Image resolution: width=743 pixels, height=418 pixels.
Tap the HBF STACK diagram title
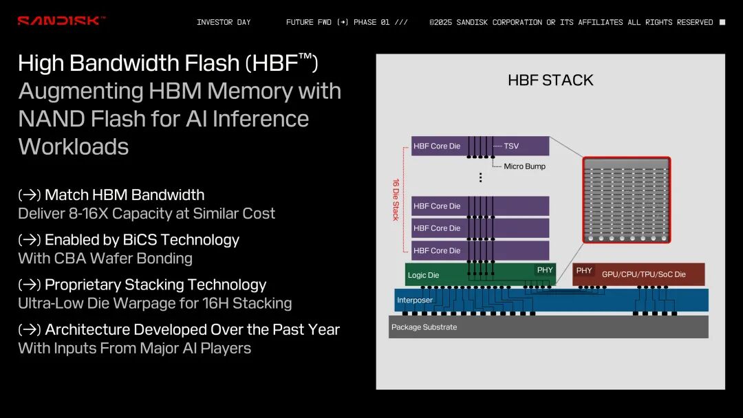[550, 80]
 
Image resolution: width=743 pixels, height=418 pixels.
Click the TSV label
[511, 146]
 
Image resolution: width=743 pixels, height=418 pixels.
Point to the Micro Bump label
[524, 166]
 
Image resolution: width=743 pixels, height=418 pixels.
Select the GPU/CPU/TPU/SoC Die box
[643, 274]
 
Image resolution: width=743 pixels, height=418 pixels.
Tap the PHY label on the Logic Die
[545, 270]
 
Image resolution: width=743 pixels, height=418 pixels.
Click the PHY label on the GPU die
[584, 271]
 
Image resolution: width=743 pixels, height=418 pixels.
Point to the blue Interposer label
[415, 300]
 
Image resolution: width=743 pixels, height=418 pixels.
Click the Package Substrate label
[424, 327]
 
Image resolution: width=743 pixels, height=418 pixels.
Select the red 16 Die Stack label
[396, 200]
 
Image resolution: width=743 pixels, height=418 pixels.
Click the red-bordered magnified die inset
[626, 200]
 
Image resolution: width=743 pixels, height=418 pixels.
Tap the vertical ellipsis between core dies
[480, 177]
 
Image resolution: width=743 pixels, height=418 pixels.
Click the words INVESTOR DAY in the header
[224, 22]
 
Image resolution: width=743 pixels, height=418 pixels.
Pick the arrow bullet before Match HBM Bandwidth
[29, 195]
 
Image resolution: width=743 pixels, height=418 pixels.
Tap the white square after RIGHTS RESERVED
[722, 22]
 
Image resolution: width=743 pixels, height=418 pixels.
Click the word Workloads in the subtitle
[74, 146]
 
